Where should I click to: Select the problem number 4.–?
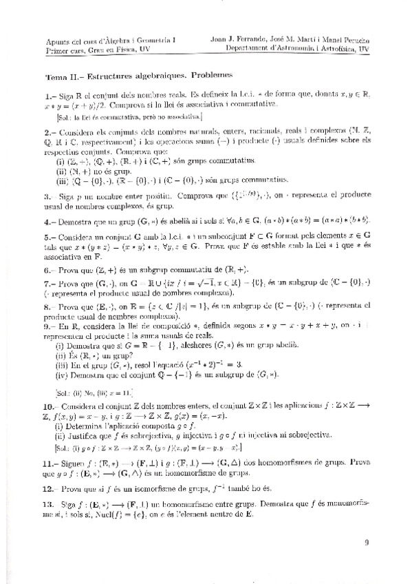50,222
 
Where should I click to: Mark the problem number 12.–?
51,488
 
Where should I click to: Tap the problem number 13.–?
51,504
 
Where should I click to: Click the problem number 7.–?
50,283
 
